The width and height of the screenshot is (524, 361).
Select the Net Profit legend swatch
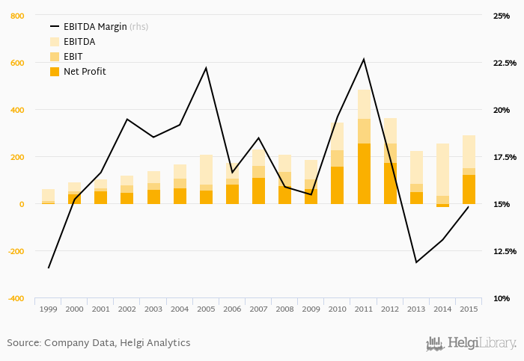55,72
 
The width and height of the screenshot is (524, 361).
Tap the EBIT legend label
73,57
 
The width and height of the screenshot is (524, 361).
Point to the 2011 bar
364,149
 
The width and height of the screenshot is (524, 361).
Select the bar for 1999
48,197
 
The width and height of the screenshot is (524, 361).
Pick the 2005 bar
206,179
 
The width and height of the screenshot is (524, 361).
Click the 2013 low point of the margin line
416,262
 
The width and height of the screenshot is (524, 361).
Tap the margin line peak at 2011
364,59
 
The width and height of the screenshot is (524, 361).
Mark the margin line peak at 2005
206,68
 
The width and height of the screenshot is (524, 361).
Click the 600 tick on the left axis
16,63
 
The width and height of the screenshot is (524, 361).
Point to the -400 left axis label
14,298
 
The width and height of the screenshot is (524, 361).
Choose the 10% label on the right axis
501,298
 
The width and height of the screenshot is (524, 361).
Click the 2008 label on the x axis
284,309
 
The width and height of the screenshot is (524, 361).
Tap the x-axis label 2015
469,309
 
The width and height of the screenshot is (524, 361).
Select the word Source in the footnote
22,343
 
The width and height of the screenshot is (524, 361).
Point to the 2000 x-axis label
74,309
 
